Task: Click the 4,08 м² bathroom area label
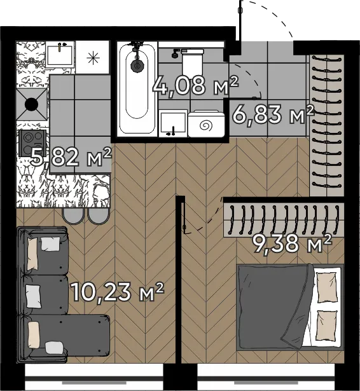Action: click(x=195, y=86)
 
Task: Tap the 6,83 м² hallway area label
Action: click(x=273, y=114)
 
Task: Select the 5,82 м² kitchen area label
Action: click(x=71, y=157)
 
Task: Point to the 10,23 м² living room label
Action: click(x=117, y=292)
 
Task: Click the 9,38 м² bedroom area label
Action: click(x=292, y=243)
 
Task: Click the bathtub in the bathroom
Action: click(x=137, y=89)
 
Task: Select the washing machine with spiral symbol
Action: click(x=206, y=124)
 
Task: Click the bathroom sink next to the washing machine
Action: click(x=173, y=123)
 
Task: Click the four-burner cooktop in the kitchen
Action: click(x=32, y=143)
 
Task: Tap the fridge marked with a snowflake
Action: click(x=93, y=58)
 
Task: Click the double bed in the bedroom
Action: click(x=290, y=307)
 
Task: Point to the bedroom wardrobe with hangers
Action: click(x=284, y=219)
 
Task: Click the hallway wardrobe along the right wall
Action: click(x=326, y=125)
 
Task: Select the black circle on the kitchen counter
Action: click(x=32, y=104)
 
